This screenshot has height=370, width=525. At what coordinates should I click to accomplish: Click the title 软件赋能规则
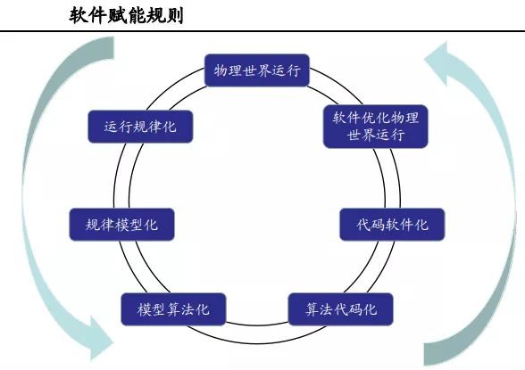coord(126,16)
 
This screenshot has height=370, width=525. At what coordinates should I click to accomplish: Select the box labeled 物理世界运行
coord(257,70)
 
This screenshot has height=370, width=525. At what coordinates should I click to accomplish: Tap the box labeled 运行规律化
coord(140,127)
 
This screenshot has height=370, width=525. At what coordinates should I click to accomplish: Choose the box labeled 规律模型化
coord(121,225)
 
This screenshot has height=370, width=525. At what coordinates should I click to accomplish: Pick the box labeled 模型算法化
coord(173,309)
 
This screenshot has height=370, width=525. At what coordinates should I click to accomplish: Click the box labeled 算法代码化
coord(341,309)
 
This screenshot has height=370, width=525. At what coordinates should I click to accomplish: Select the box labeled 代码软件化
coord(392,225)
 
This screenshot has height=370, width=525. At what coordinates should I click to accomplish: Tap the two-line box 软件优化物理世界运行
coord(375,127)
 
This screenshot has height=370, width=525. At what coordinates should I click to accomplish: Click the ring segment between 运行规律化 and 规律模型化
coord(121,176)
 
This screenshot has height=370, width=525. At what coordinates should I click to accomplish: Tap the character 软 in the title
coord(79,16)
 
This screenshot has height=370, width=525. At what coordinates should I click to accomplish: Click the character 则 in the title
coord(174,16)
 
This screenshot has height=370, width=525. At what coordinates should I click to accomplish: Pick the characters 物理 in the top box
coord(228,70)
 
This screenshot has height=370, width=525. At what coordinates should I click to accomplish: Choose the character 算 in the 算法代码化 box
coord(312,309)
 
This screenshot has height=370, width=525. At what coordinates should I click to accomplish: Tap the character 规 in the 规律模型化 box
coord(93,225)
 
